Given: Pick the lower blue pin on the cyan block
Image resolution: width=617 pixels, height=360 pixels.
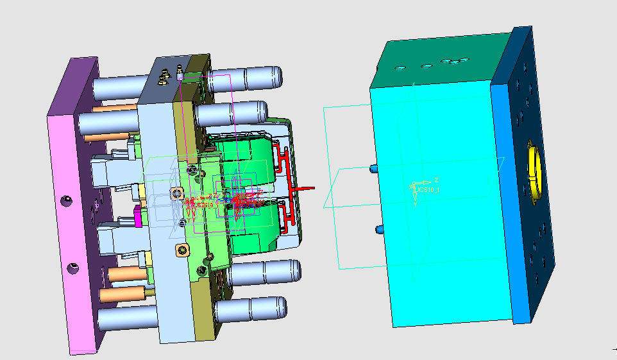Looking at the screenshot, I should pos(379,229).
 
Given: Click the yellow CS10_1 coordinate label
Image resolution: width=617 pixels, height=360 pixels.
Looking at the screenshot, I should pos(428,190).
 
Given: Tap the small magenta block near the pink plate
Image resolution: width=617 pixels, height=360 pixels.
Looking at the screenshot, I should pos(137,217).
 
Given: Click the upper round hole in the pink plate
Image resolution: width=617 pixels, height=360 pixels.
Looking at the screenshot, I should pos(66,201).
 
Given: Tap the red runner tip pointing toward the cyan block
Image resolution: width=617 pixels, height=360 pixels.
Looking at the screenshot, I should pos(311,188).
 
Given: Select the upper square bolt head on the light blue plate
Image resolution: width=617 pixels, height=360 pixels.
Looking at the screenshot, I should pos(177,193).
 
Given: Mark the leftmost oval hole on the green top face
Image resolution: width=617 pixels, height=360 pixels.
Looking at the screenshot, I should pos(400,67).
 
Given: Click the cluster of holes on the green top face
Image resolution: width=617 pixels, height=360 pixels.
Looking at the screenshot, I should pos(455,62).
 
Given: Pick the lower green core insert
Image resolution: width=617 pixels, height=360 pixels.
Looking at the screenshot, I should pos(247,231).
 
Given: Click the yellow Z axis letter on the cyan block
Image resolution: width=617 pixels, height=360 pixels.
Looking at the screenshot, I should pos(435,180).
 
